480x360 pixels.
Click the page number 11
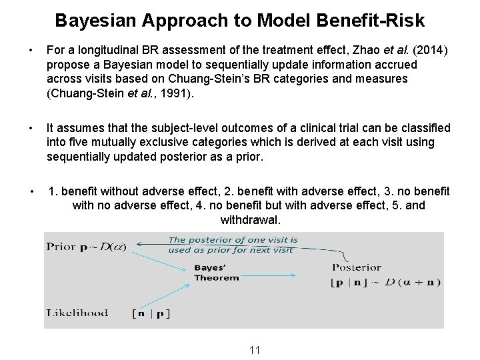(254, 349)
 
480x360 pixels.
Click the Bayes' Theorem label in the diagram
(216, 273)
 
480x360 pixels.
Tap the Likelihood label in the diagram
(77, 313)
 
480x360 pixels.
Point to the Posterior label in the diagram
(357, 267)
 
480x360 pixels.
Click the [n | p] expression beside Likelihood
(150, 313)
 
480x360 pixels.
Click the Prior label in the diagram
(61, 246)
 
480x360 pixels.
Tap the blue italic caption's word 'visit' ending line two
(281, 250)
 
